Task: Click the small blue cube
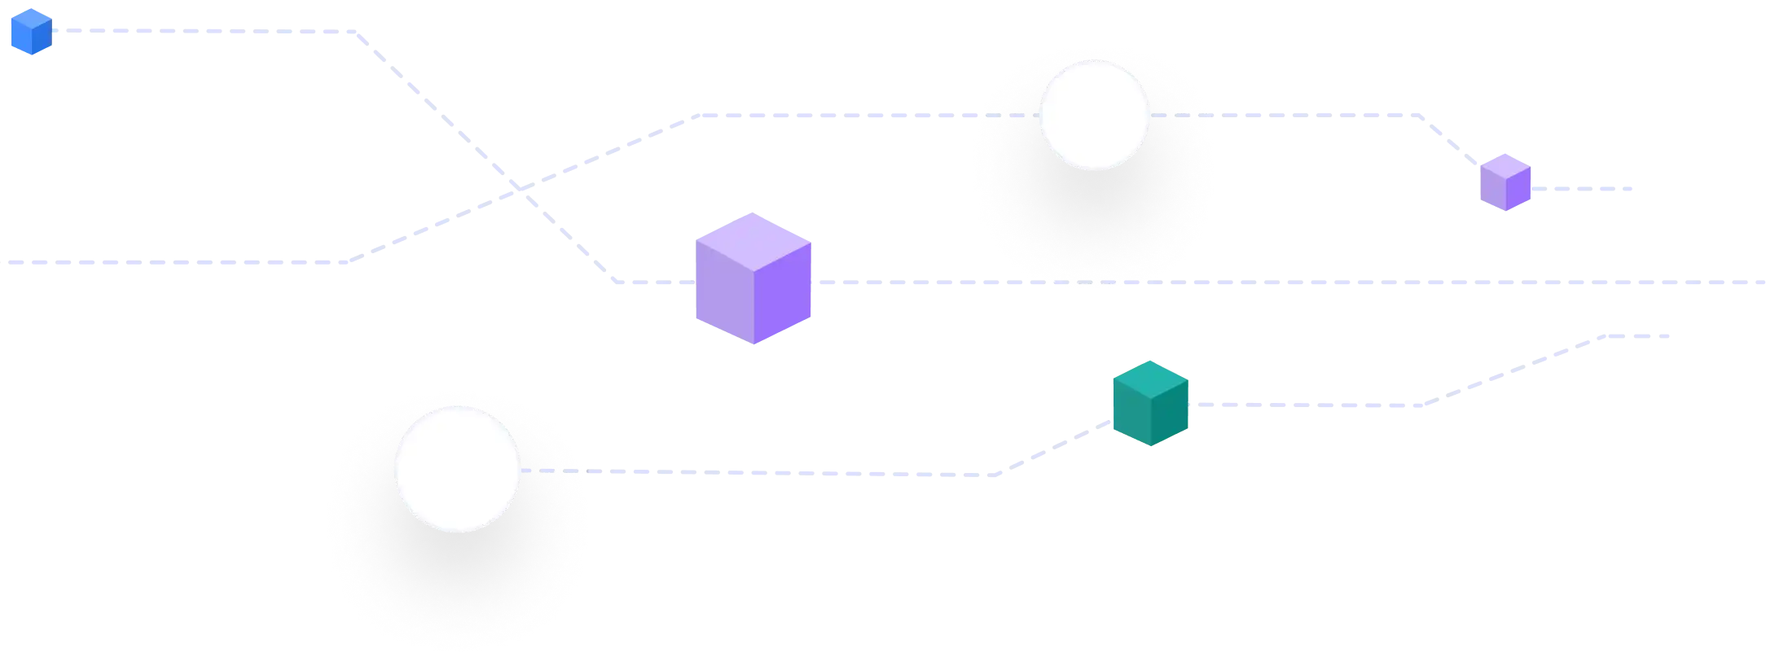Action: (29, 33)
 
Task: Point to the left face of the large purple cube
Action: (723, 293)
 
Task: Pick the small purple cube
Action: (1505, 182)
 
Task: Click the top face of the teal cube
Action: (1151, 379)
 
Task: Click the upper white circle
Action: (1094, 115)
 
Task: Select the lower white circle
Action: (457, 469)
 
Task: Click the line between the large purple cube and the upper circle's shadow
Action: (896, 283)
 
